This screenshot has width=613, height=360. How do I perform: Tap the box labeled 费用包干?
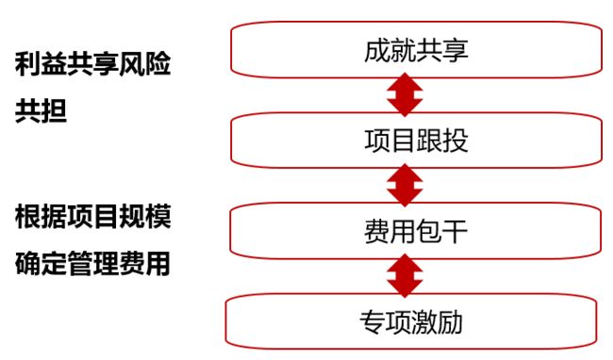click(x=415, y=229)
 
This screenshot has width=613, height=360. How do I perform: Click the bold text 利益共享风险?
click(x=93, y=67)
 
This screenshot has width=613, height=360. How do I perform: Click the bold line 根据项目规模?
click(x=93, y=218)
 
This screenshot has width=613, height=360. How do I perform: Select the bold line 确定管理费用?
click(x=93, y=263)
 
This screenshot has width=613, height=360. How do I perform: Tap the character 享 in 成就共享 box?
click(x=456, y=50)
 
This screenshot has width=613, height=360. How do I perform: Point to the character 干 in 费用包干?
click(x=456, y=229)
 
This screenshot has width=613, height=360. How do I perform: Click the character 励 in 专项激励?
click(x=453, y=322)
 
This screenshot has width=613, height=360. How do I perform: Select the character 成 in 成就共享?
click(x=375, y=50)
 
